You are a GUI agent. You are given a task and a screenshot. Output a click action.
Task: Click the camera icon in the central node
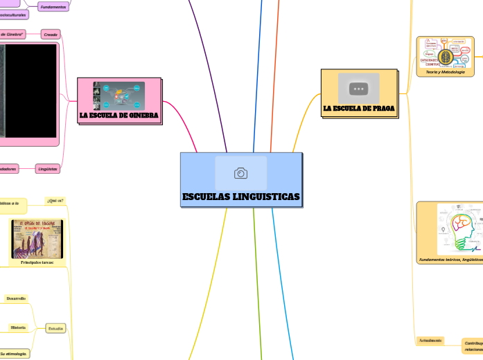click(241, 173)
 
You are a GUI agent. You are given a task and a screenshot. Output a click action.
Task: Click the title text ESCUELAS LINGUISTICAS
click(241, 198)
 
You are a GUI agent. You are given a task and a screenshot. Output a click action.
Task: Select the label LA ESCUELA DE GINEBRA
click(119, 115)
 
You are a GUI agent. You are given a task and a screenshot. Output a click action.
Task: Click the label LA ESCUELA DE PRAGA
click(359, 109)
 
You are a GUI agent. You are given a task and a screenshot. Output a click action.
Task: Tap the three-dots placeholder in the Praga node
click(359, 89)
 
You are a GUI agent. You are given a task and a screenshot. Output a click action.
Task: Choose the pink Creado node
click(50, 34)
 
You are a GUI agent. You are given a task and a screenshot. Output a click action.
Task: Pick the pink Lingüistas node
click(48, 168)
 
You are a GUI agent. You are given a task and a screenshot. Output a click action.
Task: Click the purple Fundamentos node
click(53, 7)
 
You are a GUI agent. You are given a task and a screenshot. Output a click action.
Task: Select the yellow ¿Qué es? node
click(55, 201)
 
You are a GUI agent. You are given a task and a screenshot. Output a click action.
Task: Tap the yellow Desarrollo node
click(15, 298)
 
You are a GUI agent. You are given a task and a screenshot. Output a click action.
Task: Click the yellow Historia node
click(17, 327)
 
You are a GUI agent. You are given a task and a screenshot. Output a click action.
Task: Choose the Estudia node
click(55, 328)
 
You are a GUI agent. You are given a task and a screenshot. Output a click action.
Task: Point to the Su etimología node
click(14, 353)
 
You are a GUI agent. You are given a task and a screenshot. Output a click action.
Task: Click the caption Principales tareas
click(37, 263)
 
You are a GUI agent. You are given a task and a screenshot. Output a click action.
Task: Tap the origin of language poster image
click(37, 239)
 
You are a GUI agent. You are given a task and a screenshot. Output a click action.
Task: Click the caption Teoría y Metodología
click(445, 72)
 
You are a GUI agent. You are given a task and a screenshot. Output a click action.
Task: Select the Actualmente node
click(430, 341)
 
